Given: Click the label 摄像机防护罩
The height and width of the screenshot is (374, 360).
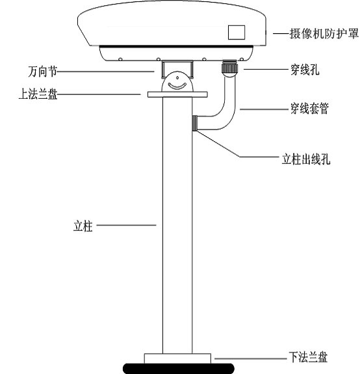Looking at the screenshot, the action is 324,34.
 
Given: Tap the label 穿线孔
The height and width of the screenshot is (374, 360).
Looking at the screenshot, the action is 305,70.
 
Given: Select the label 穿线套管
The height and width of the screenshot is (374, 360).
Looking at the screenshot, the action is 309,109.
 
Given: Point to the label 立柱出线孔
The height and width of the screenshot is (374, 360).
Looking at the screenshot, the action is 306,159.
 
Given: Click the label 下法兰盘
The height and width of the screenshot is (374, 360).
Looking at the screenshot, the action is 308,357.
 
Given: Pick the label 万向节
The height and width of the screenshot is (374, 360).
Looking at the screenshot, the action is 43,72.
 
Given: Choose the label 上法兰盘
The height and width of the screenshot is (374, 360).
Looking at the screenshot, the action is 38,94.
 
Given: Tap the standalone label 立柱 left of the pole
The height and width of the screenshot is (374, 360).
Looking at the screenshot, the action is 83,226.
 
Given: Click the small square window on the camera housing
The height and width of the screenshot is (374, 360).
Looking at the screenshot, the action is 237,33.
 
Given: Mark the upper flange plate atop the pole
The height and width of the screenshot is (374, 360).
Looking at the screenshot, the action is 177,94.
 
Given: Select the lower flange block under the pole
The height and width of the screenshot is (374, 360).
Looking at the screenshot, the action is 177,358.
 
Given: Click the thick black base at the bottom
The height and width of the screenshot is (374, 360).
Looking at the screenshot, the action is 179,369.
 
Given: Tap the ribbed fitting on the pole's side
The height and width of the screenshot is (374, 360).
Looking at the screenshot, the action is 195,123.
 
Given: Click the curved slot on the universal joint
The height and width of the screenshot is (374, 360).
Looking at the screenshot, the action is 177,87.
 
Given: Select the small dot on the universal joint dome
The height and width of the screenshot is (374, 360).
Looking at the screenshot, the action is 177,78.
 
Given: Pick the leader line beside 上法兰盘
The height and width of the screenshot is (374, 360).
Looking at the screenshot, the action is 99,94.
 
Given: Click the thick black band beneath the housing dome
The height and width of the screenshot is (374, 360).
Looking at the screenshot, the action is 176,46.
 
